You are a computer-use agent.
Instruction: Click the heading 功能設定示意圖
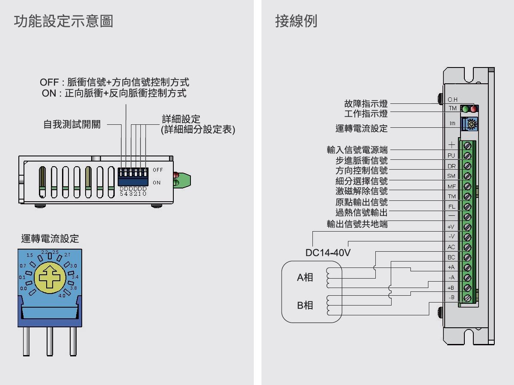pos(63,21)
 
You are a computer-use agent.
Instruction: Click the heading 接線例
pos(296,21)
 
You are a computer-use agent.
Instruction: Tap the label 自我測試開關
pos(72,125)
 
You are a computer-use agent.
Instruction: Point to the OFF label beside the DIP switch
pos(158,170)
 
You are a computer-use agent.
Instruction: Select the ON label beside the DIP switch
pos(157,183)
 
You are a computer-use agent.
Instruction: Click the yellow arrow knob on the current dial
pos(50,276)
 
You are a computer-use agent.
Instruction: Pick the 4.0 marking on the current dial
pos(62,295)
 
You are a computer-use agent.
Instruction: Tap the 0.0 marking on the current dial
pos(24,289)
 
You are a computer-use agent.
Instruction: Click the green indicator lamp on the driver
pos(466,109)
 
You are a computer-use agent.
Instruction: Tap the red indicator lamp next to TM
pos(473,109)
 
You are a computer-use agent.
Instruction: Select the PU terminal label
pos(451,156)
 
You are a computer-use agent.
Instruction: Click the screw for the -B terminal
pos(467,297)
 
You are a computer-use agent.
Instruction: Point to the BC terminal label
pos(451,257)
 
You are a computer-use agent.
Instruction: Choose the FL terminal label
pos(451,206)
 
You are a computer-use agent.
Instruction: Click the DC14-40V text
pos(328,253)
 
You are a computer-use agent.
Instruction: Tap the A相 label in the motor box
pos(305,277)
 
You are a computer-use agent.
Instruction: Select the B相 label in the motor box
pos(305,306)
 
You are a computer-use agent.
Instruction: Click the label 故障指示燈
pos(366,103)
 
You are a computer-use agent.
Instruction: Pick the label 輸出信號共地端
pos(357,223)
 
